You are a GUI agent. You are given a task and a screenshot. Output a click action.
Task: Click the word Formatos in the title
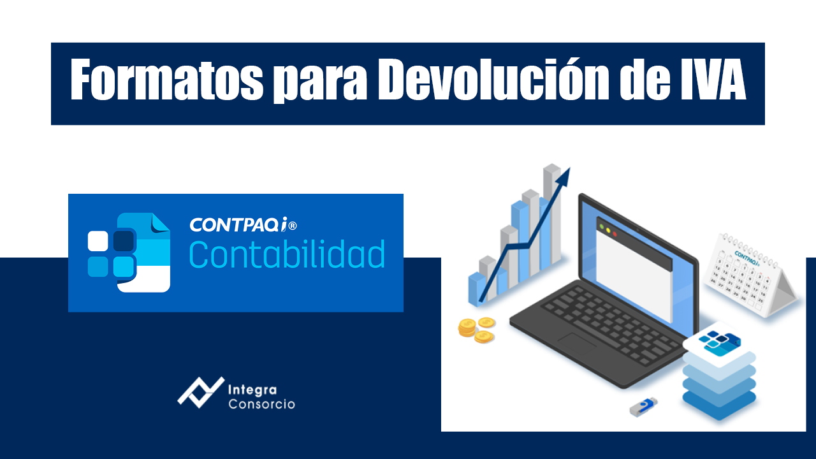tap(166, 80)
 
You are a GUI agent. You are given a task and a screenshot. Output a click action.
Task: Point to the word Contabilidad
tap(287, 254)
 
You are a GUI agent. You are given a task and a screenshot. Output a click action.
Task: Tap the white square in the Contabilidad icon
tap(98, 241)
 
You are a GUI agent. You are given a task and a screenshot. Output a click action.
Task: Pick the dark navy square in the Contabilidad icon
tap(124, 240)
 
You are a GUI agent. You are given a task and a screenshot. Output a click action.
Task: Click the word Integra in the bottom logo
tap(252, 390)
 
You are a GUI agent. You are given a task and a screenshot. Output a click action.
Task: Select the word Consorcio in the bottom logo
tap(261, 404)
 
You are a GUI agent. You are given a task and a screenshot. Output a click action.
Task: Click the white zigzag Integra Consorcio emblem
tap(200, 392)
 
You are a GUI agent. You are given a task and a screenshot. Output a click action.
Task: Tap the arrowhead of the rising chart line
tap(564, 177)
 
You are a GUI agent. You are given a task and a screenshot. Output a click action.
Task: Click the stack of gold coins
tap(476, 330)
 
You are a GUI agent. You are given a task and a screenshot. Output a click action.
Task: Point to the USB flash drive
tap(644, 407)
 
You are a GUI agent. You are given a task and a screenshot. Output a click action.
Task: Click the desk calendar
tap(751, 275)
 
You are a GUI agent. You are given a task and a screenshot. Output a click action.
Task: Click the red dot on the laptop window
tap(615, 234)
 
